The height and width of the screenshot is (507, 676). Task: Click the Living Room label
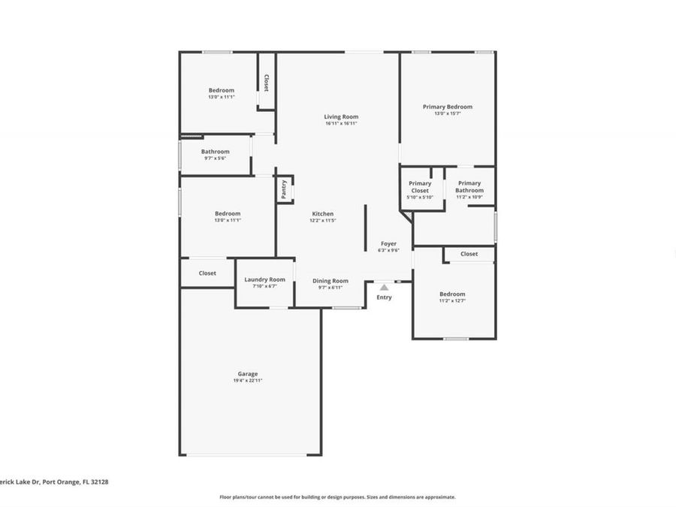[x=341, y=116]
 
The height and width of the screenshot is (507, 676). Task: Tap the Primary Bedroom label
[x=447, y=107]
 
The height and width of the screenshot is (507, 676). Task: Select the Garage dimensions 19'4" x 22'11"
[x=247, y=381]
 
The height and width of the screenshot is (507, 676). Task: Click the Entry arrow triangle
[x=384, y=287]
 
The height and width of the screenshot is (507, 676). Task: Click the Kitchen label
[x=323, y=213]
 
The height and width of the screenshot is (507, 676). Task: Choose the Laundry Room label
[x=264, y=279]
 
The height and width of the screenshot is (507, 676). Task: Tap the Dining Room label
[x=330, y=280]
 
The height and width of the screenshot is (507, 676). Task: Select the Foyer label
[x=388, y=243]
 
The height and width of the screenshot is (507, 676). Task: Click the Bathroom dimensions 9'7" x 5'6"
[x=215, y=158]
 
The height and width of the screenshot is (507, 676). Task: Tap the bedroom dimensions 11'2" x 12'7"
[x=452, y=301]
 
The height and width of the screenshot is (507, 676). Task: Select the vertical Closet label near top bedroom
[x=267, y=82]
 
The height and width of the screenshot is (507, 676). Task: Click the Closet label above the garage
[x=207, y=273]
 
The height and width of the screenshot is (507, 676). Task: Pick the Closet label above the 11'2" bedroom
[x=469, y=254]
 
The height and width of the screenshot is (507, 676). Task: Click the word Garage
[x=248, y=373]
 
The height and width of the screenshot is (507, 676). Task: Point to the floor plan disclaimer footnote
[x=337, y=496]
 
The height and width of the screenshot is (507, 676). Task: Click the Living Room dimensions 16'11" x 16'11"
[x=341, y=124]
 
